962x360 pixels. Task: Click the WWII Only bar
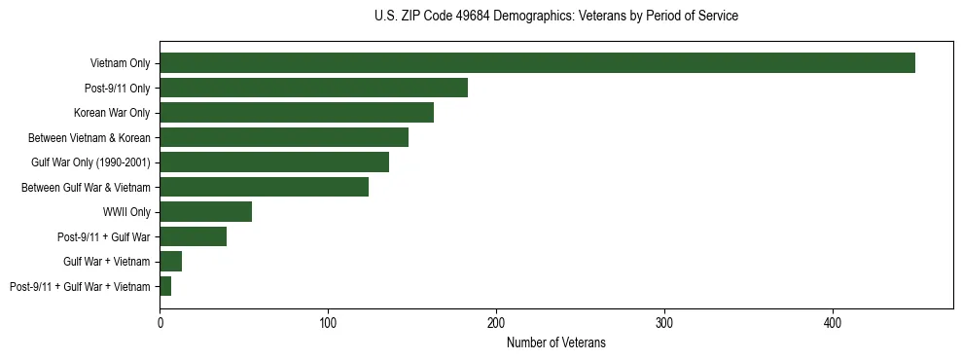click(x=205, y=212)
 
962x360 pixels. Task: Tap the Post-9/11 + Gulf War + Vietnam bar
click(x=165, y=286)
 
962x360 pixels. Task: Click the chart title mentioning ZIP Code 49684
click(x=555, y=17)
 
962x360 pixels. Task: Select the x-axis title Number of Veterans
click(x=555, y=342)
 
